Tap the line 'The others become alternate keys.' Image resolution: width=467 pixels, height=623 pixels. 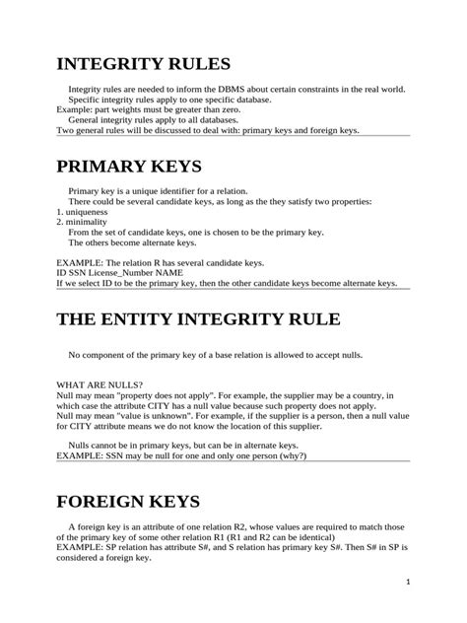[x=132, y=242]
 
